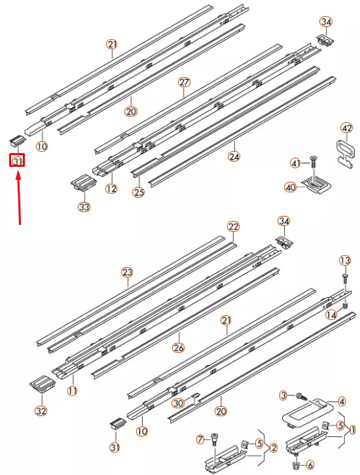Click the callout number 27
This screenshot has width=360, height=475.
point(184,82)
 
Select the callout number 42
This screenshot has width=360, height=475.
point(347,127)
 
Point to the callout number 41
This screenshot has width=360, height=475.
point(295,162)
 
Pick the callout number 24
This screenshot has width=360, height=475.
point(234,156)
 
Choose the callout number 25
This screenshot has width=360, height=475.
point(138,192)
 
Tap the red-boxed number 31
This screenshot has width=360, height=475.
point(17,160)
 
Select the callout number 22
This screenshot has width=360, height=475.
point(234,226)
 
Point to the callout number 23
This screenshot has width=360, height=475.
point(127,272)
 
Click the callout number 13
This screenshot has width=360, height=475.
point(345,260)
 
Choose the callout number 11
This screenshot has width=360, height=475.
point(72,391)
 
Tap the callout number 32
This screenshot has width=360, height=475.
point(41,411)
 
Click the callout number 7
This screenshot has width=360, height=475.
point(202,437)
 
